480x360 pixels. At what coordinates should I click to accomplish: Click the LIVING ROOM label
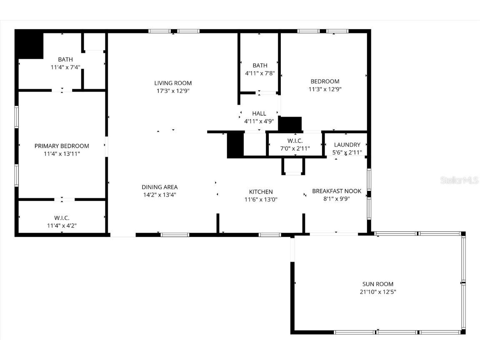coord(173,83)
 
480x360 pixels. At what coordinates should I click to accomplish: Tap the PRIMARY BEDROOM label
coord(62,146)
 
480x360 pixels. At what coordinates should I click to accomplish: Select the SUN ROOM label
coord(377,284)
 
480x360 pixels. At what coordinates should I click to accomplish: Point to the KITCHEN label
coord(261,192)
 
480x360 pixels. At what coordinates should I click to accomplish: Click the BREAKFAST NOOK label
coord(337,191)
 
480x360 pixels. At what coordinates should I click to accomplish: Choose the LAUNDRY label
coord(347,145)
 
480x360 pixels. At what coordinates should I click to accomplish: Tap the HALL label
coord(259,113)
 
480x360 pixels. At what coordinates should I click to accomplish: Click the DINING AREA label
coord(160,187)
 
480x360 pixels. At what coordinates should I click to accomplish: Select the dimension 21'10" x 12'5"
coord(377,292)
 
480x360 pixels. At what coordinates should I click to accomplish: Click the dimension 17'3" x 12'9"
coord(173,91)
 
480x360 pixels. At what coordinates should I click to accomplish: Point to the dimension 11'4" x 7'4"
coord(65,67)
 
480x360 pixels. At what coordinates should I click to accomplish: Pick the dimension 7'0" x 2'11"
coord(295,149)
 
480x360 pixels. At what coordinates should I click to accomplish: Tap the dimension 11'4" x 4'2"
coord(62,226)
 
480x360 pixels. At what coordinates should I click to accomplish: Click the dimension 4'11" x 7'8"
coord(260,73)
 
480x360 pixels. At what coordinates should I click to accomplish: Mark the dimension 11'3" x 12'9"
coord(325,89)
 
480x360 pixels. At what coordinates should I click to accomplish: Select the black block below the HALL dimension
coord(290,124)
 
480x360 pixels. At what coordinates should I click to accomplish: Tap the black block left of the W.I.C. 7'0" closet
coord(235,145)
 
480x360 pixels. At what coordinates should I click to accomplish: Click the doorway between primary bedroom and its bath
coord(62,90)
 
